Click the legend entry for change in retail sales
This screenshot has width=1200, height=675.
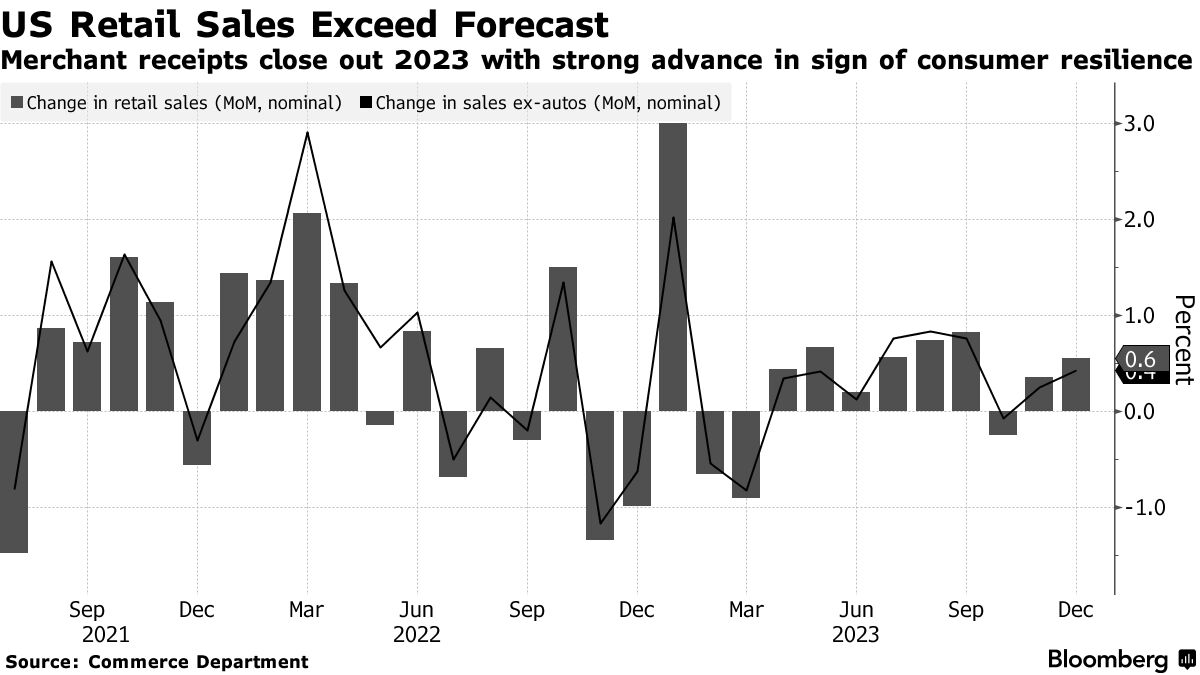(x=177, y=102)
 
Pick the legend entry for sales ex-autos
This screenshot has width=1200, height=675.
(x=545, y=102)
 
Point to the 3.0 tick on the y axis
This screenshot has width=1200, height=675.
(x=1141, y=124)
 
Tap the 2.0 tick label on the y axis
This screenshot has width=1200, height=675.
(x=1141, y=220)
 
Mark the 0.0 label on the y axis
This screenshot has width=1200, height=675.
(x=1141, y=411)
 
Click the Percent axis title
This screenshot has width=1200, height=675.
(x=1183, y=340)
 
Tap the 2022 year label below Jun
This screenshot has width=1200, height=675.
(x=416, y=635)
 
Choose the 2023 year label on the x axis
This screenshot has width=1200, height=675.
(x=856, y=635)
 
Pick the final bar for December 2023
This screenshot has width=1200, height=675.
(x=1076, y=385)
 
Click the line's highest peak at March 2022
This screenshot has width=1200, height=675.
(x=307, y=133)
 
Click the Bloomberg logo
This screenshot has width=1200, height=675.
(x=1117, y=660)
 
